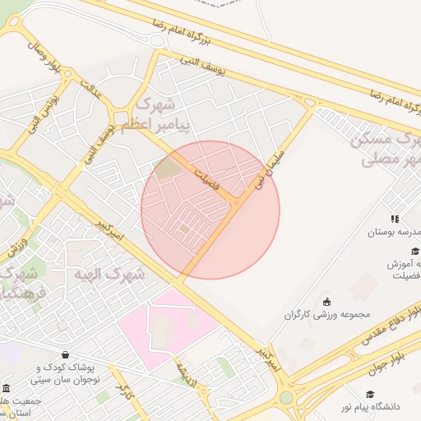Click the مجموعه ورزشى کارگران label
click(x=328, y=314)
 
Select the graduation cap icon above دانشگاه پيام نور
click(x=370, y=394)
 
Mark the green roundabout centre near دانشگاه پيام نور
click(x=286, y=398)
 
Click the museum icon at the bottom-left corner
click(x=7, y=388)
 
